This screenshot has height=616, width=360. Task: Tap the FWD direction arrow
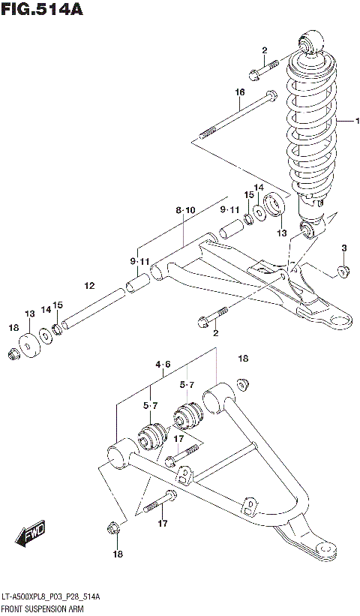[x=31, y=535]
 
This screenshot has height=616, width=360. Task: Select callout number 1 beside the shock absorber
[x=358, y=122]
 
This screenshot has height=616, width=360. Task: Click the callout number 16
[x=240, y=92]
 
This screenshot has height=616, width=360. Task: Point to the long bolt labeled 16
[x=240, y=116]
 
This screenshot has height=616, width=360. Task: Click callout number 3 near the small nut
[x=343, y=248]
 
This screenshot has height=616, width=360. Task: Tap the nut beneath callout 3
[x=341, y=270]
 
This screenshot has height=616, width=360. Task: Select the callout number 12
[x=89, y=286]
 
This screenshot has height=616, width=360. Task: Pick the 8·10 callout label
[x=185, y=211]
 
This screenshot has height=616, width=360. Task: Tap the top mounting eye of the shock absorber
[x=313, y=41]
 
